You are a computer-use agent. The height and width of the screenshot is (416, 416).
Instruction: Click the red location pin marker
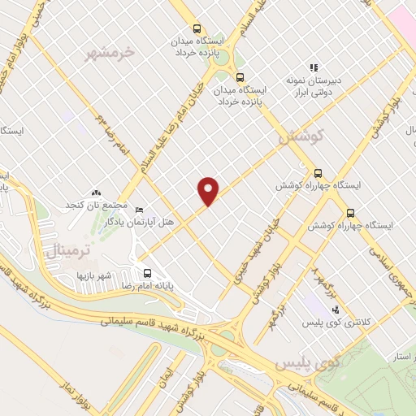[x=209, y=190]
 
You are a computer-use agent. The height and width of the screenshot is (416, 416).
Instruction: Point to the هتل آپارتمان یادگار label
[x=174, y=211]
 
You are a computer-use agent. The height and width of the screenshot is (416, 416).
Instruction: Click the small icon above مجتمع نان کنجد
[x=97, y=192]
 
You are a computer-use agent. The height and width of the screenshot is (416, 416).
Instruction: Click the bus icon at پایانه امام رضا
[x=147, y=274]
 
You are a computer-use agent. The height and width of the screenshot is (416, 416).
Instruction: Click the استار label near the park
[x=399, y=355]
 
